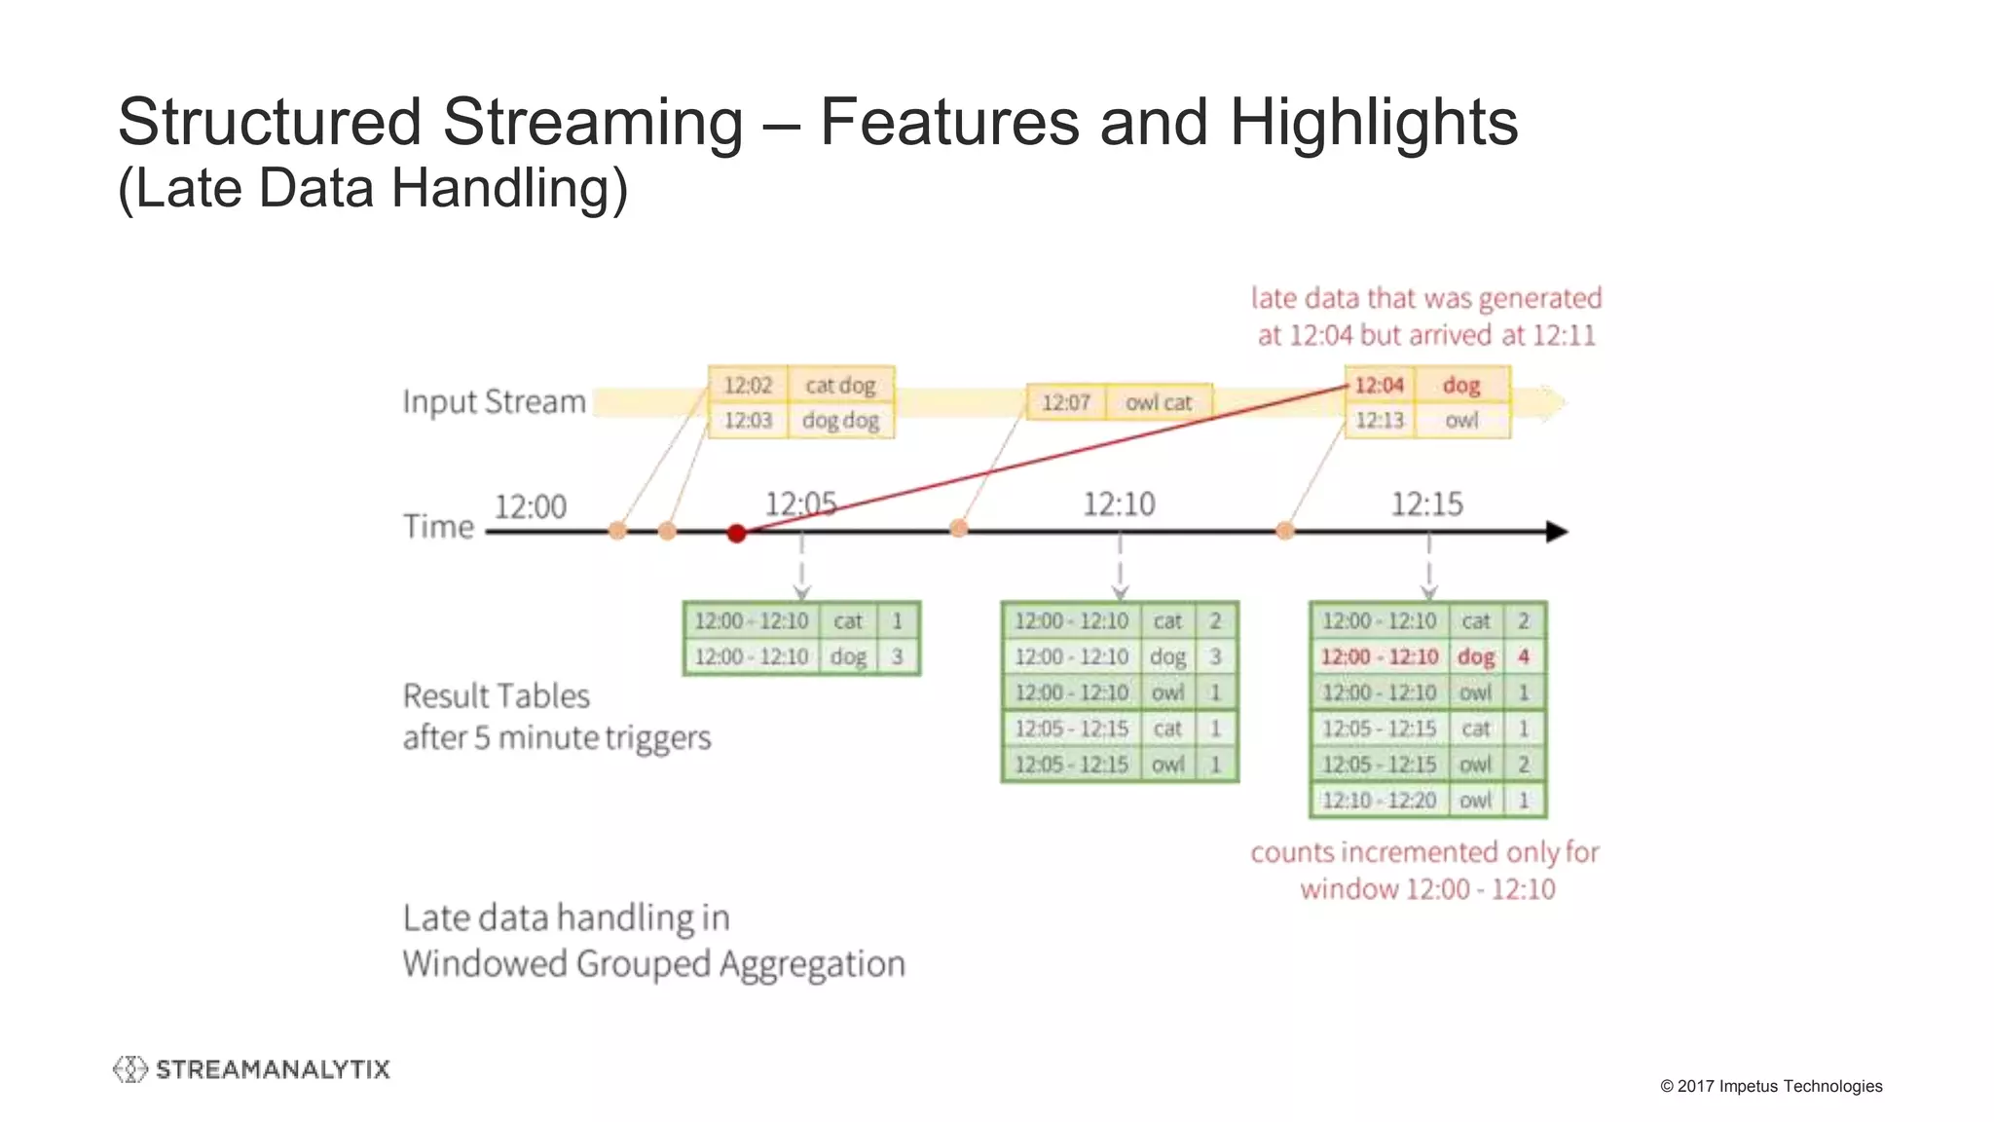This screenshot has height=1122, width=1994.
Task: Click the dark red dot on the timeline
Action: click(x=737, y=533)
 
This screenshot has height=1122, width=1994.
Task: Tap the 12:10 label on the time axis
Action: click(x=1119, y=505)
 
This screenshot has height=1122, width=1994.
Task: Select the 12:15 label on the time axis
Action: click(x=1426, y=505)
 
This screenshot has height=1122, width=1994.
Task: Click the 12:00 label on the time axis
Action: click(x=531, y=507)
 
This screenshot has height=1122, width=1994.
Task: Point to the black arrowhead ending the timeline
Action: click(x=1557, y=532)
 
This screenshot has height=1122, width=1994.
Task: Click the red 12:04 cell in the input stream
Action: click(x=1380, y=385)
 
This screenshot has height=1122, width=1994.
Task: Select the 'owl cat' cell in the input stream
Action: click(x=1158, y=402)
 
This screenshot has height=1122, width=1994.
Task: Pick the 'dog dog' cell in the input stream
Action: click(x=840, y=421)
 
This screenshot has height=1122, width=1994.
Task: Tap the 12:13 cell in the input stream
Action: click(x=1380, y=421)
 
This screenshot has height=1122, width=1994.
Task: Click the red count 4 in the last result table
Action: click(x=1524, y=657)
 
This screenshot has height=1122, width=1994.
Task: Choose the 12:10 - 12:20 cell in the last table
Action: click(x=1379, y=801)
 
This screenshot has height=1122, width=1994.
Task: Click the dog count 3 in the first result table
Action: click(x=897, y=657)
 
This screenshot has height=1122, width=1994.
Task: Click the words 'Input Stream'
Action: click(x=494, y=401)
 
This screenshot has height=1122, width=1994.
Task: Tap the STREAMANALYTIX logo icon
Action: click(x=129, y=1069)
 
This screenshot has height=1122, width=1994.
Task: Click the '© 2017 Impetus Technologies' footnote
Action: click(x=1771, y=1086)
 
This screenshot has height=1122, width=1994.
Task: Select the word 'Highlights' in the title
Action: click(x=1373, y=123)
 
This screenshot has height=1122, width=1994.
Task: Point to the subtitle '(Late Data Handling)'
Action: click(x=373, y=188)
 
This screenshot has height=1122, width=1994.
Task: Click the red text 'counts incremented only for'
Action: click(x=1424, y=852)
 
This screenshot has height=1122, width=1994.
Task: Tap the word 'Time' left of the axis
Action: click(x=438, y=527)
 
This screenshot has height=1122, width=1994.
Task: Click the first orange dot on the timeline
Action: click(x=617, y=531)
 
